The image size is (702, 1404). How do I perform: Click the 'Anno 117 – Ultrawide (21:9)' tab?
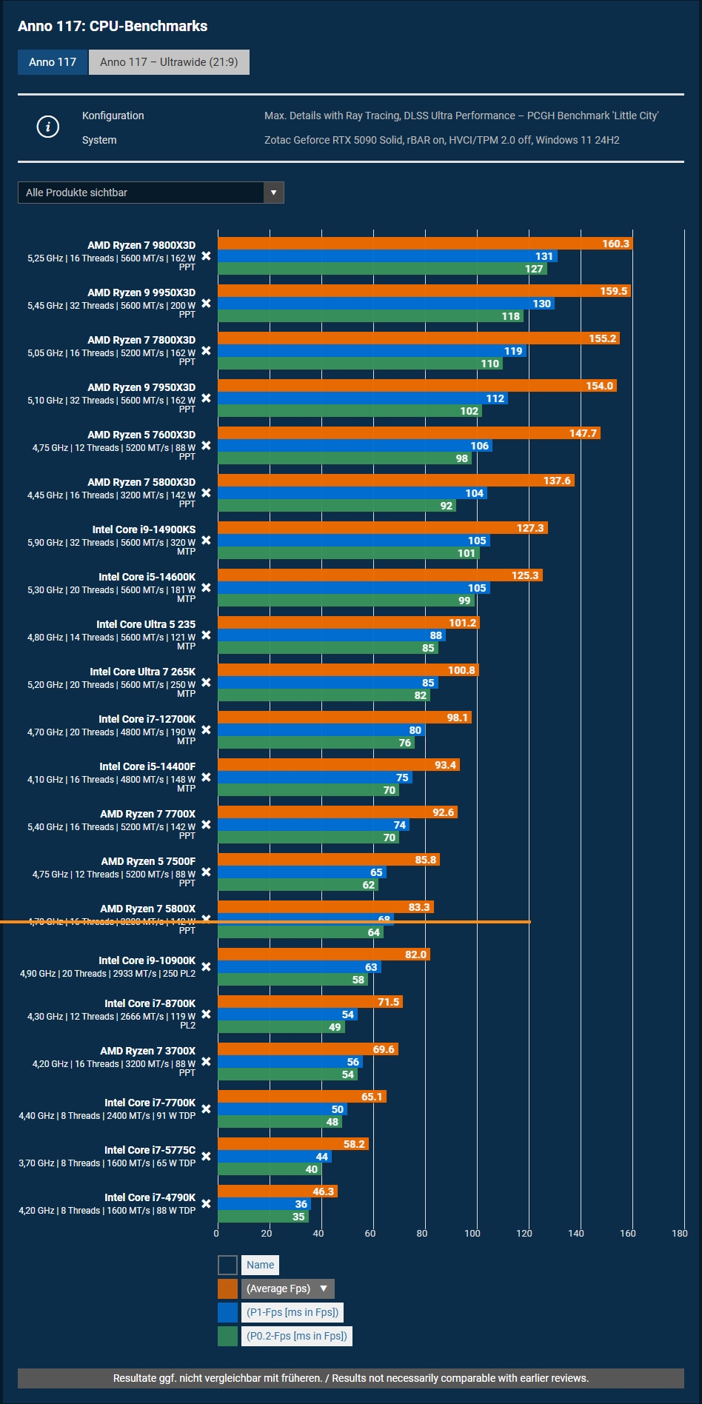[169, 62]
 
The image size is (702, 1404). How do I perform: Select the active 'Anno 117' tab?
[53, 62]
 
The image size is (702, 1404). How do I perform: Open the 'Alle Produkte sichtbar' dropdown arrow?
[273, 193]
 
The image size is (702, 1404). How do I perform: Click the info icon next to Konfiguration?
[48, 127]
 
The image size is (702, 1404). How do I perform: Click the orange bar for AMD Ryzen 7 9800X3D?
[407, 244]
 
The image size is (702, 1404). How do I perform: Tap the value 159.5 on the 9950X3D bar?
[613, 291]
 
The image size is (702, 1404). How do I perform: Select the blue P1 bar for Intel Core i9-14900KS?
[348, 541]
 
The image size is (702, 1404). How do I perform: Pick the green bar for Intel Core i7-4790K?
[259, 1217]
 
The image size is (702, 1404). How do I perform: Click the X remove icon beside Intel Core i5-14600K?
[206, 588]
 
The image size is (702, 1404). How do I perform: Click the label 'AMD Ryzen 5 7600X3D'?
[141, 435]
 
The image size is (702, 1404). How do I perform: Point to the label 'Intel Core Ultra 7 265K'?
[143, 672]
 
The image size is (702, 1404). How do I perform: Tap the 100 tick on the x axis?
[472, 1233]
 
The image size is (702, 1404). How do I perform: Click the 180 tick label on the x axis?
[680, 1233]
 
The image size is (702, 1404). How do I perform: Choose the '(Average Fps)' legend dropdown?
[287, 1288]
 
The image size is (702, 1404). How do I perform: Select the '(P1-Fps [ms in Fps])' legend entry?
[292, 1312]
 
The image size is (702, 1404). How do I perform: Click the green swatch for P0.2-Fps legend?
[228, 1336]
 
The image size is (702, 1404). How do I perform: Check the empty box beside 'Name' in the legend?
[228, 1265]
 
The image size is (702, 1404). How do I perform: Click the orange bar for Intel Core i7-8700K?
[307, 1002]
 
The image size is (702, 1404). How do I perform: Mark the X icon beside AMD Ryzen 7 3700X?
[206, 1062]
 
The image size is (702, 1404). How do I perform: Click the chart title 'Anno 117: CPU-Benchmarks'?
[113, 27]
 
